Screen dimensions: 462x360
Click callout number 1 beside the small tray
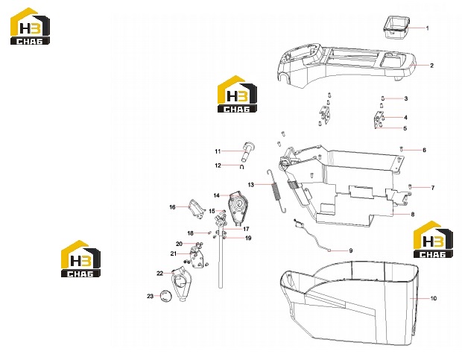(x=427, y=28)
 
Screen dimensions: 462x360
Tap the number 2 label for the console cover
(x=431, y=66)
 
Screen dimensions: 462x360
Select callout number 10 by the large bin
(x=433, y=298)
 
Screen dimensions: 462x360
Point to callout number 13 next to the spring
(x=250, y=185)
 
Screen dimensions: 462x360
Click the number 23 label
(x=151, y=296)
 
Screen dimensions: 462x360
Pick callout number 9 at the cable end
(x=351, y=250)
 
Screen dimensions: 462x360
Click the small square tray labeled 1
(x=397, y=28)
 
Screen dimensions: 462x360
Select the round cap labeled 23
(x=165, y=296)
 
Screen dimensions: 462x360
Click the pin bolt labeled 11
(x=247, y=152)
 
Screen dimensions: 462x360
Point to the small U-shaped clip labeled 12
(x=242, y=167)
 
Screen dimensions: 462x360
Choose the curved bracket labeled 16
(x=196, y=209)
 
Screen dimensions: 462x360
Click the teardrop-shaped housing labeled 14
(x=237, y=207)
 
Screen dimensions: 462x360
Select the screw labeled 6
(x=401, y=149)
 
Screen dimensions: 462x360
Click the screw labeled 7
(x=410, y=186)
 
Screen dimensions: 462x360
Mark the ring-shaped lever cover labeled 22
(x=182, y=284)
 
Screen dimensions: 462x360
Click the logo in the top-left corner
(x=30, y=26)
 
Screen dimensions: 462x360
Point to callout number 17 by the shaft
(x=246, y=229)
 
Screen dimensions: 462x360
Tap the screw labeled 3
(x=383, y=98)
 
